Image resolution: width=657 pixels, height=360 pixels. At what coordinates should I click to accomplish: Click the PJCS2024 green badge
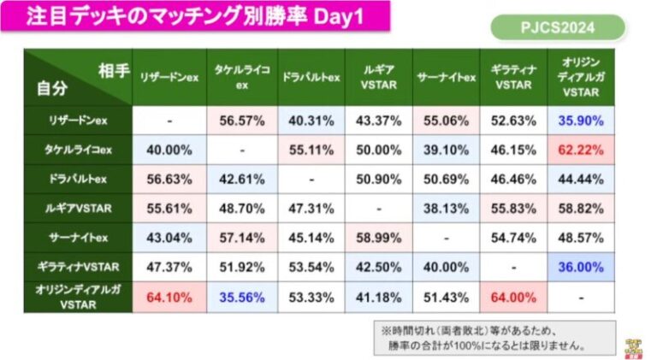[x=558, y=27]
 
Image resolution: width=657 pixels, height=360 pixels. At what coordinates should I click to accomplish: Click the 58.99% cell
[x=377, y=238]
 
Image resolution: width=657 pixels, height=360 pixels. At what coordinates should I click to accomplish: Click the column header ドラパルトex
[x=311, y=77]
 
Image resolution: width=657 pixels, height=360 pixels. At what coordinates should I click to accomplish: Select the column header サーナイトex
[x=446, y=77]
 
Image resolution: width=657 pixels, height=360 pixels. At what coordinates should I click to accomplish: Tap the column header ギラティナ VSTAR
[x=513, y=77]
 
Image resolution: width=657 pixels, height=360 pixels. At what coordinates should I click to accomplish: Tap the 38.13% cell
[x=446, y=208]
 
